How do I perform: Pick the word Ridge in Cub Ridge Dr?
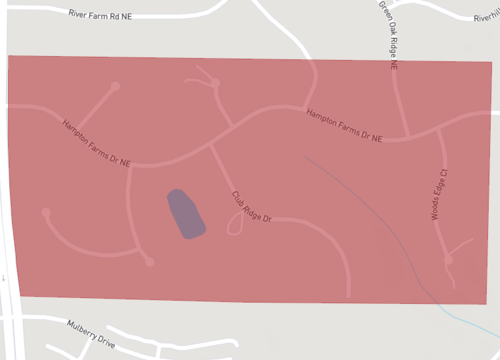pos(252,207)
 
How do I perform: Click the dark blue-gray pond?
pos(185,214)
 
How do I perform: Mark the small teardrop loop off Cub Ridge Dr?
pos(235,226)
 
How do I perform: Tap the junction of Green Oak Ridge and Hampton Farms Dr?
pos(406,137)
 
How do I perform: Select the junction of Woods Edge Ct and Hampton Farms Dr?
pos(438,128)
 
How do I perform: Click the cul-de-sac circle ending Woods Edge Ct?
pos(449,261)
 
